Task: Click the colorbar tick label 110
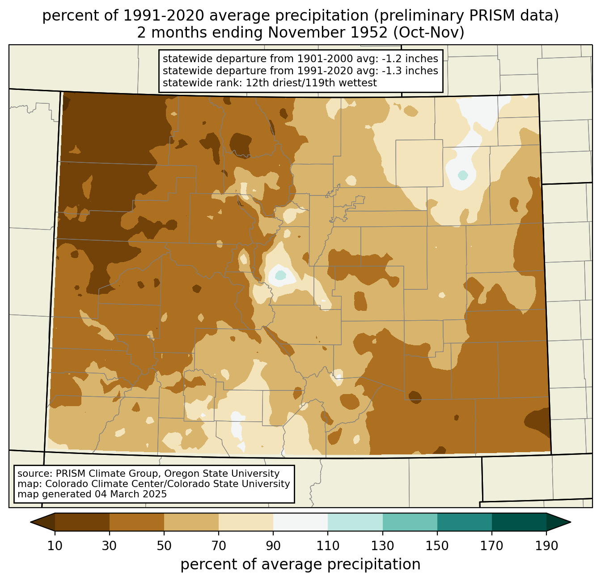pyautogui.click(x=328, y=546)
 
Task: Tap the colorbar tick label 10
pyautogui.click(x=55, y=546)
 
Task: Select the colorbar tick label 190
pyautogui.click(x=546, y=546)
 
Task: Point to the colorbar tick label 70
pyautogui.click(x=218, y=546)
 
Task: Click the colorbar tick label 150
pyautogui.click(x=437, y=546)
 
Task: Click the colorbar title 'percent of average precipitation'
pyautogui.click(x=300, y=564)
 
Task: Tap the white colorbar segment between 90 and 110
pyautogui.click(x=300, y=522)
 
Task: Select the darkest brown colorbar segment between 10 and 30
pyautogui.click(x=82, y=522)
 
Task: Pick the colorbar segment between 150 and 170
pyautogui.click(x=465, y=522)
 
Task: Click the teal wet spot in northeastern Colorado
pyautogui.click(x=462, y=175)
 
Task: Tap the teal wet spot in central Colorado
pyautogui.click(x=280, y=275)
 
